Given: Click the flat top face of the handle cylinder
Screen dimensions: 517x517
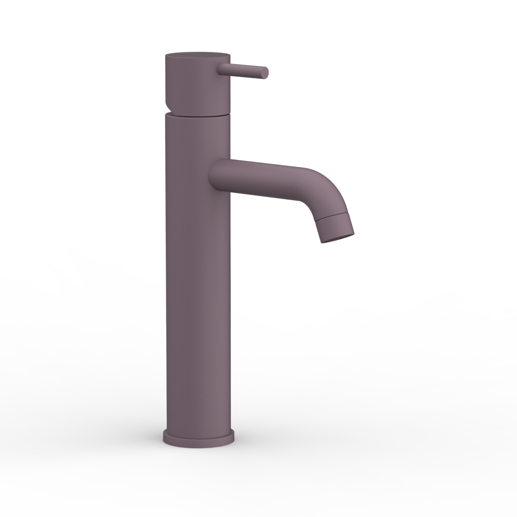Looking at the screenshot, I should [198, 54].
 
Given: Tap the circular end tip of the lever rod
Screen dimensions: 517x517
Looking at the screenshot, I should [265, 73].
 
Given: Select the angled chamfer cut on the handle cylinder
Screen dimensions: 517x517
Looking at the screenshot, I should [168, 107].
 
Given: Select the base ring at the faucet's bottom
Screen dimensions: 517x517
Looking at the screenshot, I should [198, 439].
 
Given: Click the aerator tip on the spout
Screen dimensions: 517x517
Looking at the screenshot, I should [335, 227].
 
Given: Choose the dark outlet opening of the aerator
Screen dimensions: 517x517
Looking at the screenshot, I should [338, 238].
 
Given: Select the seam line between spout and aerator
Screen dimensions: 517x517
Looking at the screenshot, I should [331, 217].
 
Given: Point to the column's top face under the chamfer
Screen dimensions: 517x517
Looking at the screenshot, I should [168, 114].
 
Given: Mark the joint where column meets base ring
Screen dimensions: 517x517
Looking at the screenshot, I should [199, 430].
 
